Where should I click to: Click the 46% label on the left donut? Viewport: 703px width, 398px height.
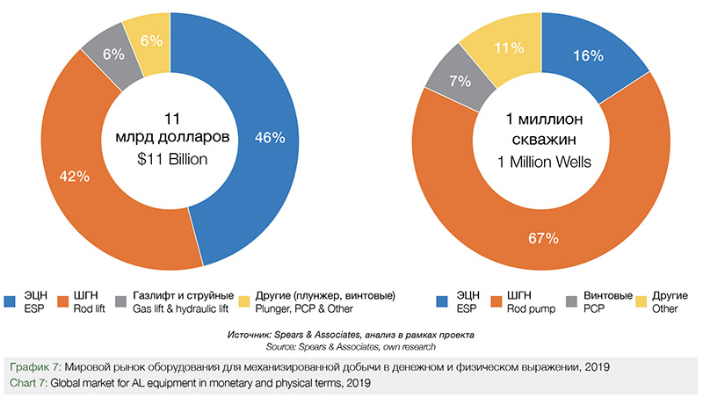270,137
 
